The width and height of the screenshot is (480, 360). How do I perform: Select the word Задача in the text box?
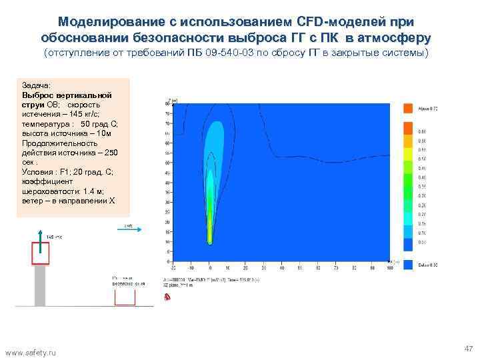tap(34, 86)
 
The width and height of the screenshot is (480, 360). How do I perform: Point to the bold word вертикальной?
tap(85, 95)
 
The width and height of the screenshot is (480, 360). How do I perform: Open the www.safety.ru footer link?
tap(31, 351)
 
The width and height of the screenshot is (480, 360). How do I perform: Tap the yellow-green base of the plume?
tap(209, 230)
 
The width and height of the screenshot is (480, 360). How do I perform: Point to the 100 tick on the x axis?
tap(389, 267)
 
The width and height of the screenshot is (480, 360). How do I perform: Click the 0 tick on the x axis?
tap(209, 267)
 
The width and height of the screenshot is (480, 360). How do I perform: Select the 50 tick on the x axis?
tap(299, 267)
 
